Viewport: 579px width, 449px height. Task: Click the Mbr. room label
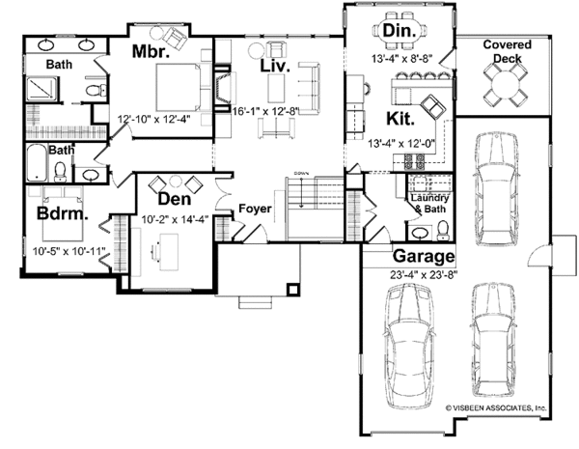(152, 51)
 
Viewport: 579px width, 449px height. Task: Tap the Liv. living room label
(275, 66)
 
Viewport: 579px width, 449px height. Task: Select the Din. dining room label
(400, 30)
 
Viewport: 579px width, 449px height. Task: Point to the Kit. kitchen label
(400, 119)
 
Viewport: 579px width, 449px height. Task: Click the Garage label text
(424, 257)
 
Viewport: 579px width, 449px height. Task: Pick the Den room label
(175, 199)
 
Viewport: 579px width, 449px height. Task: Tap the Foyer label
(255, 209)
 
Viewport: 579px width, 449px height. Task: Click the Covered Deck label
(508, 51)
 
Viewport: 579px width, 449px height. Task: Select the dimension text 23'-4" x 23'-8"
(424, 275)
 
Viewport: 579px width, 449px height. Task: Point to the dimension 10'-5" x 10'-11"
(69, 251)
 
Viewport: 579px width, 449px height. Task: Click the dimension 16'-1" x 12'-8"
(265, 111)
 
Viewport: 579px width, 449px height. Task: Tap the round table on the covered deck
(505, 85)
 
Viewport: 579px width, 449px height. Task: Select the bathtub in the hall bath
(37, 163)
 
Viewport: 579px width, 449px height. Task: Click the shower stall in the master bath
(41, 89)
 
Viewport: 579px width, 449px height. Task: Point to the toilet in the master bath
(96, 90)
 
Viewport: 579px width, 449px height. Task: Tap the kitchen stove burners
(415, 161)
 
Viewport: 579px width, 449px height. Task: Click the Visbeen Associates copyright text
(496, 408)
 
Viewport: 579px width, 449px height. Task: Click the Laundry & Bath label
(429, 204)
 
